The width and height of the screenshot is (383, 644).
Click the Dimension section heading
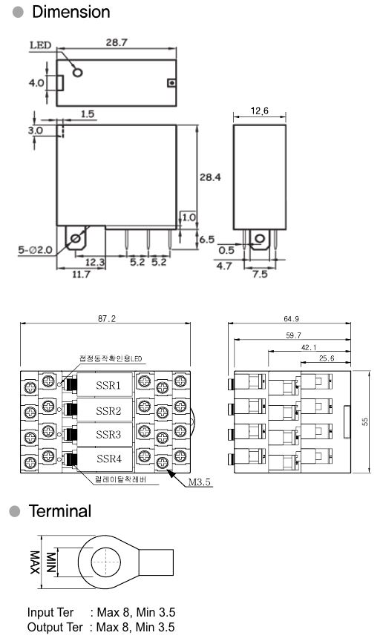tap(69, 12)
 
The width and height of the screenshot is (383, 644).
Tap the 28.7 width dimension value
tap(116, 43)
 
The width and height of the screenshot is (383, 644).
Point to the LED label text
tap(40, 45)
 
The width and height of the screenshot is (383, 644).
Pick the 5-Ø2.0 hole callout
tap(35, 250)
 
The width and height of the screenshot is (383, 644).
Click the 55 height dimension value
tap(366, 420)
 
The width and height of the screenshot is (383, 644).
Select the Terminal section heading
tap(59, 511)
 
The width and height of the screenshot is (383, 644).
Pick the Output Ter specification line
tap(101, 627)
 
